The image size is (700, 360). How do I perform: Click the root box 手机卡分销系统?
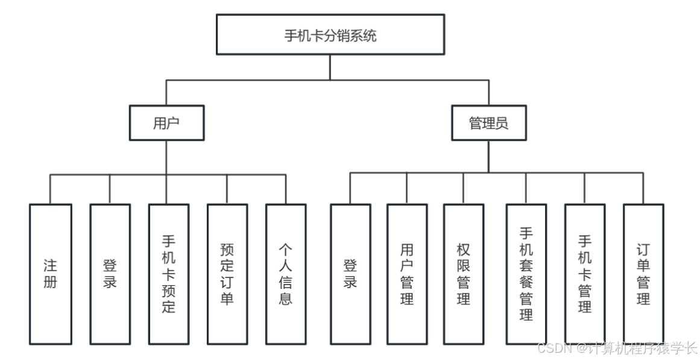(330, 35)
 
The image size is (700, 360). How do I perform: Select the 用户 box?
(166, 123)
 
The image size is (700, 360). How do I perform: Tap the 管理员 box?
(488, 123)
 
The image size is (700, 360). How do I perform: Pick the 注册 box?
(50, 274)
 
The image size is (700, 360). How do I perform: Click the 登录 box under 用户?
(110, 274)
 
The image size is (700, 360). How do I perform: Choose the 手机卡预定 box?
(169, 274)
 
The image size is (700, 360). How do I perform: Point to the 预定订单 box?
(227, 274)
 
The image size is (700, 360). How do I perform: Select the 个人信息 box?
(286, 274)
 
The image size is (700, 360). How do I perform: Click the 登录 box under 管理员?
(350, 274)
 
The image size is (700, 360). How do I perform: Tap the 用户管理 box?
(407, 274)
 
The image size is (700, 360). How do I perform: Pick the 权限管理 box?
(463, 274)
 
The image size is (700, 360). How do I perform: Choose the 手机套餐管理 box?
(526, 274)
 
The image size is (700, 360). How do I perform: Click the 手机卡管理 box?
(585, 274)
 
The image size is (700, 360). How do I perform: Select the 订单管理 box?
(643, 274)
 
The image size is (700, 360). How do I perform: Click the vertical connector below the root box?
(330, 67)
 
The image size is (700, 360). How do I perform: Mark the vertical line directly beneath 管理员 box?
(488, 156)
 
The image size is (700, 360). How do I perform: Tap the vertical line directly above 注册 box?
(50, 189)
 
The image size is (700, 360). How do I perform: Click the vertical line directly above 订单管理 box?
(643, 188)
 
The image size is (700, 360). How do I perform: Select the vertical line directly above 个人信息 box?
(286, 189)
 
